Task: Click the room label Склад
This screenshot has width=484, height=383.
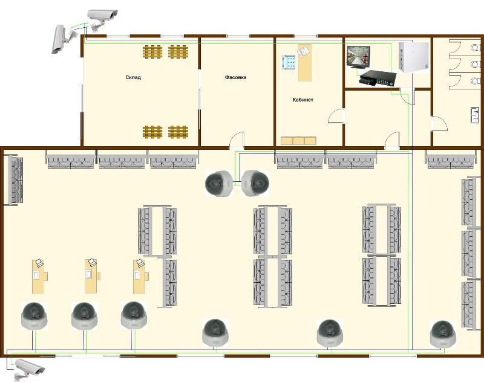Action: (x=133, y=77)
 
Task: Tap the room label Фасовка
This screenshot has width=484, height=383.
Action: (x=235, y=77)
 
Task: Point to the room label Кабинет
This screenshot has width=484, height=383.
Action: (x=303, y=100)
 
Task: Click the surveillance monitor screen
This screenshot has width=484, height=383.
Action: (x=358, y=57)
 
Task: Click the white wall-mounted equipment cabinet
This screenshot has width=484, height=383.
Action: (x=414, y=57)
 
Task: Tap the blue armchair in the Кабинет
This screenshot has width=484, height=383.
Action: (x=289, y=63)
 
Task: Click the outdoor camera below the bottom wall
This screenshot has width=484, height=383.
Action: (x=28, y=369)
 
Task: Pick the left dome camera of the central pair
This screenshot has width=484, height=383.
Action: (x=219, y=184)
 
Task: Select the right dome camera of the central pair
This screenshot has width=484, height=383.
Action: (x=255, y=184)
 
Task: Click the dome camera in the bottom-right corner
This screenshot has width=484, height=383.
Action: (x=443, y=334)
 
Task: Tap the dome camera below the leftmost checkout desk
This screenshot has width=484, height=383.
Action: (x=34, y=316)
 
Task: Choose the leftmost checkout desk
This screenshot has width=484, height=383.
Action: (x=39, y=277)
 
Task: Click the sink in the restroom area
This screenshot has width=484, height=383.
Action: (x=475, y=115)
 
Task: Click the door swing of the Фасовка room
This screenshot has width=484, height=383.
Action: (x=237, y=141)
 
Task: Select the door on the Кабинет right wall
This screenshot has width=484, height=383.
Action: (x=336, y=116)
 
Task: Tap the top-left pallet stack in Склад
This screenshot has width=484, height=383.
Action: (x=152, y=52)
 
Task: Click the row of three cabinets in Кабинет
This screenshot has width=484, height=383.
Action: (x=298, y=141)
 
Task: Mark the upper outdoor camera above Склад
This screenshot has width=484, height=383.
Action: (x=102, y=19)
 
